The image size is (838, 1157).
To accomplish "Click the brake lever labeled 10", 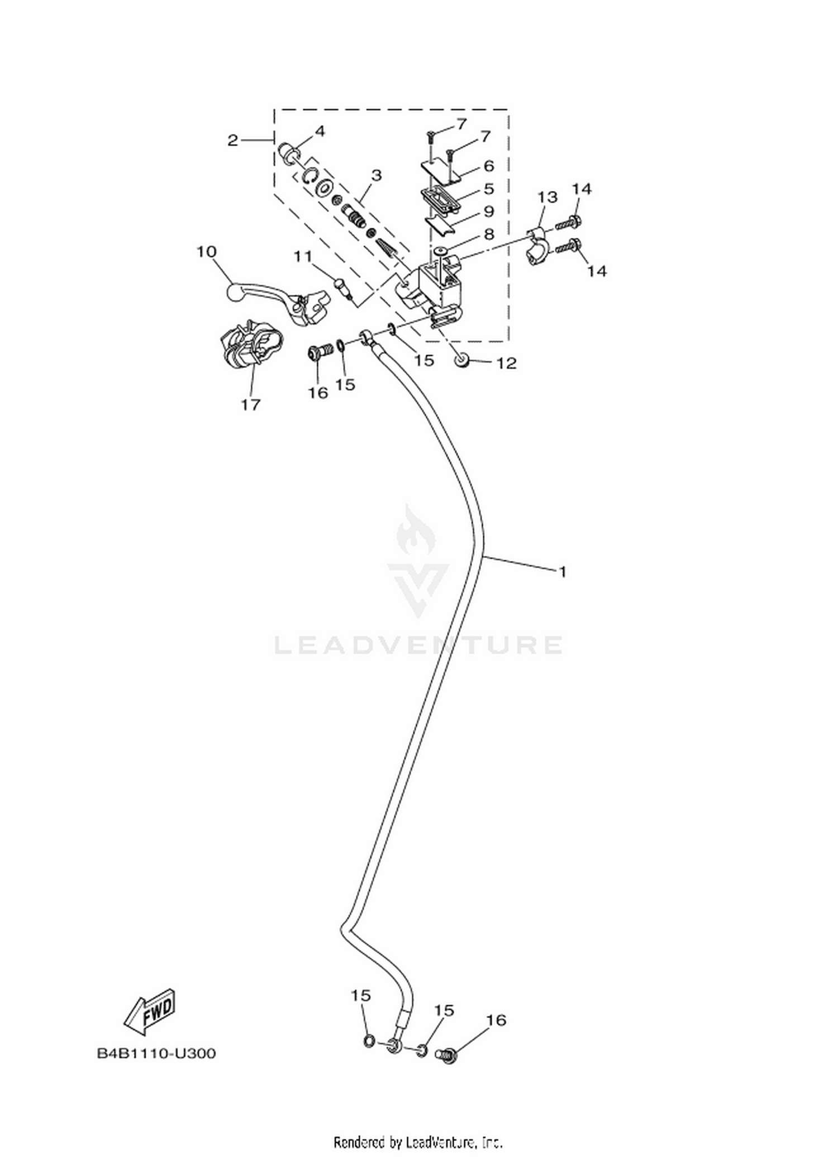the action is tap(277, 302).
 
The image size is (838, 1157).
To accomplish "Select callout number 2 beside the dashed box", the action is tap(233, 140).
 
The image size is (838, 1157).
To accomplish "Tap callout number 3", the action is tap(376, 175).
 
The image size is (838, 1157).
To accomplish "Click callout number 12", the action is tap(507, 364).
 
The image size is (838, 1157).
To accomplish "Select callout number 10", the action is tap(206, 252).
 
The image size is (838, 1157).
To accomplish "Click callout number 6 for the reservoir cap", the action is tap(489, 166).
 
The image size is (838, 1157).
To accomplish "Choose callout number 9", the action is tap(489, 212).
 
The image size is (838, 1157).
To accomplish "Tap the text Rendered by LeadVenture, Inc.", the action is tap(418, 1141).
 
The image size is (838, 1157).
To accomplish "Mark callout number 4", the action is tap(320, 131).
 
